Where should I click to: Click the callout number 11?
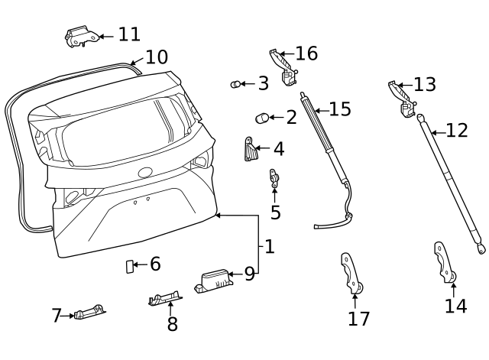(129, 34)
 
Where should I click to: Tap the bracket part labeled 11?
(80, 36)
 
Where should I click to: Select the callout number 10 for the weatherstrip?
(156, 57)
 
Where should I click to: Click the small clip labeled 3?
(236, 84)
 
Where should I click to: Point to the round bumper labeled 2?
(262, 118)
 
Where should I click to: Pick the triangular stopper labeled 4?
(250, 150)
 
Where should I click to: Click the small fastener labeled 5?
(273, 178)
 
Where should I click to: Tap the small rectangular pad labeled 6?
(129, 265)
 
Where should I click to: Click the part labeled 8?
(164, 298)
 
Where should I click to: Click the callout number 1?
(269, 247)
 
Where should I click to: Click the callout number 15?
(340, 109)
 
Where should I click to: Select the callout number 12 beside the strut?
(456, 131)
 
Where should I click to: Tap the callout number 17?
(358, 319)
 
